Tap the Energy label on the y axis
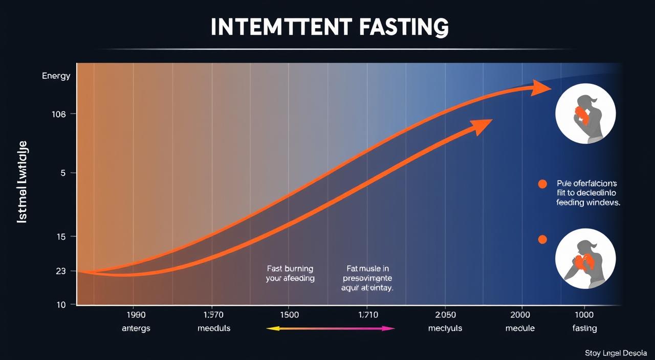tap(56, 76)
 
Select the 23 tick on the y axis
tap(61, 271)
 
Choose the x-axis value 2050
tap(445, 314)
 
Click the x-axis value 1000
tap(584, 314)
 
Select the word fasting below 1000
tap(584, 328)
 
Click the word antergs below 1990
tap(137, 328)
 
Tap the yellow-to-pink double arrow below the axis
tap(331, 328)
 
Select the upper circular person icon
tap(585, 114)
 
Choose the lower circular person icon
tap(585, 259)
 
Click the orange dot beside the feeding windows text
tap(543, 185)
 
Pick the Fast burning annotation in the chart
tap(290, 274)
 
